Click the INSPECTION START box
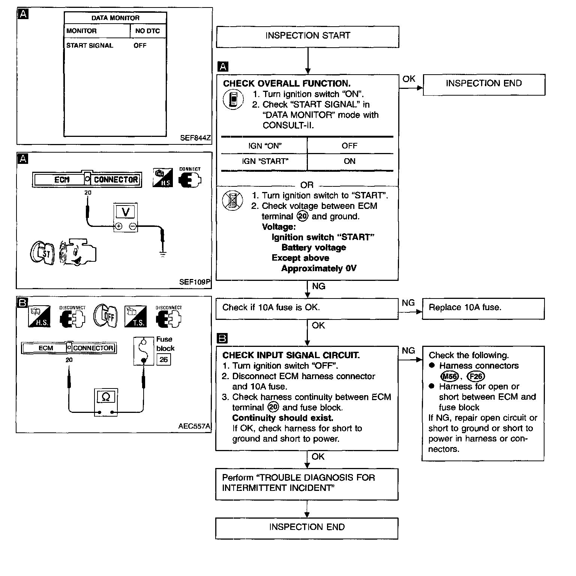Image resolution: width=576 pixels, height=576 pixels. click(307, 36)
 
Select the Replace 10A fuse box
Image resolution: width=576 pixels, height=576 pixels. click(483, 308)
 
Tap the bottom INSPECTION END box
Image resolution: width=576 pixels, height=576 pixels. click(306, 528)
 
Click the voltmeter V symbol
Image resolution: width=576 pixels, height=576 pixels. click(126, 212)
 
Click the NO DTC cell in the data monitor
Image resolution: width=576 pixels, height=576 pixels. click(147, 31)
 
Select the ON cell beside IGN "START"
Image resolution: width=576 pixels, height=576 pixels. click(349, 161)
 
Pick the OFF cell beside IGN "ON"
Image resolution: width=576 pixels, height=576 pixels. click(349, 146)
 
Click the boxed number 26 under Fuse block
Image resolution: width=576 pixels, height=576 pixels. click(163, 360)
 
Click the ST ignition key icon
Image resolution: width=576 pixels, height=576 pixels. click(42, 253)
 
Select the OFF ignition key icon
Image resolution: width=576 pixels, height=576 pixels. click(105, 316)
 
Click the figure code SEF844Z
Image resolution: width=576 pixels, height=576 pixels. click(195, 138)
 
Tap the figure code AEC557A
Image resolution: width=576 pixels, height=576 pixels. click(194, 426)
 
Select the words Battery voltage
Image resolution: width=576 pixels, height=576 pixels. click(313, 247)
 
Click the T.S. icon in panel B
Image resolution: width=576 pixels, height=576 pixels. click(135, 316)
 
